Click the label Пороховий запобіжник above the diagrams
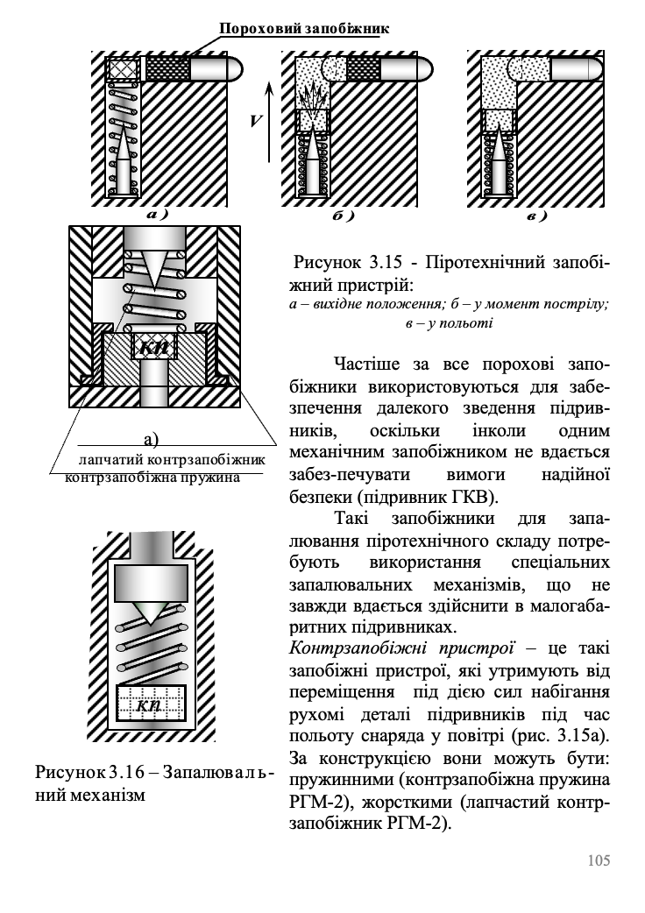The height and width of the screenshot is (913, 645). [303, 29]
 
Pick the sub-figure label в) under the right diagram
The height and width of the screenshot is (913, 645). [535, 214]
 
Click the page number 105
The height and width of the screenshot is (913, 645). [599, 860]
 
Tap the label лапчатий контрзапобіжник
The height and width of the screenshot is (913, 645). [171, 459]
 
